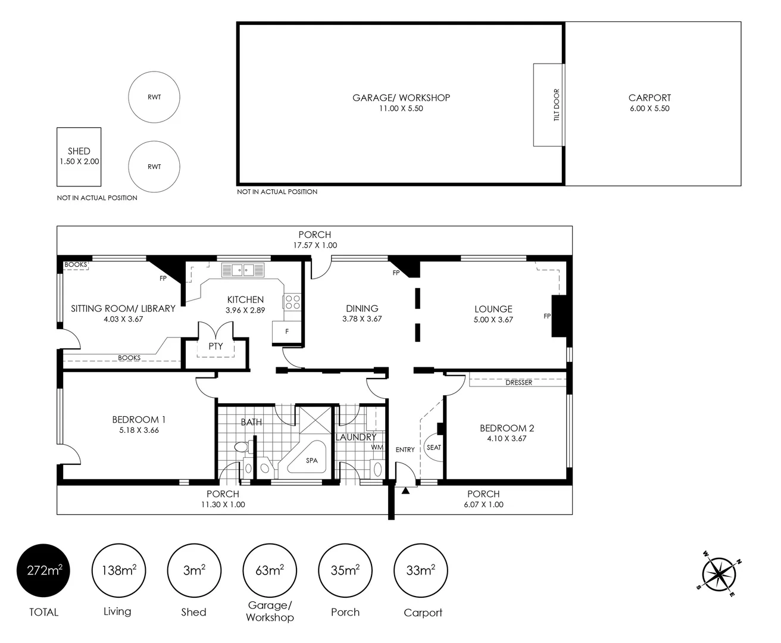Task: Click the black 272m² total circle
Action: pos(43,570)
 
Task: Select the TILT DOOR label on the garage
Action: pos(557,105)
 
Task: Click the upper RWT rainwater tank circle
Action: pos(154,97)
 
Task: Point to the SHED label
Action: pos(79,151)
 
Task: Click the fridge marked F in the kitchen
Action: pos(287,332)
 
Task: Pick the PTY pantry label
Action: pos(215,346)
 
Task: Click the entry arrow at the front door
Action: pos(405,491)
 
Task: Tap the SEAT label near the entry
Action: pos(434,447)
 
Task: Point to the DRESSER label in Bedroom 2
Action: pos(518,382)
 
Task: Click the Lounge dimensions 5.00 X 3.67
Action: pos(493,320)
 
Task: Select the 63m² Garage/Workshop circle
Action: pos(269,570)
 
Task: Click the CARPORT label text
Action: pos(649,98)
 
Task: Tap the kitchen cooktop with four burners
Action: pos(292,301)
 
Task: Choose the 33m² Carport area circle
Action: pos(421,570)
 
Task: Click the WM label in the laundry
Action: pos(377,447)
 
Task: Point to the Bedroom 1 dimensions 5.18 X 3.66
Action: pos(139,430)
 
